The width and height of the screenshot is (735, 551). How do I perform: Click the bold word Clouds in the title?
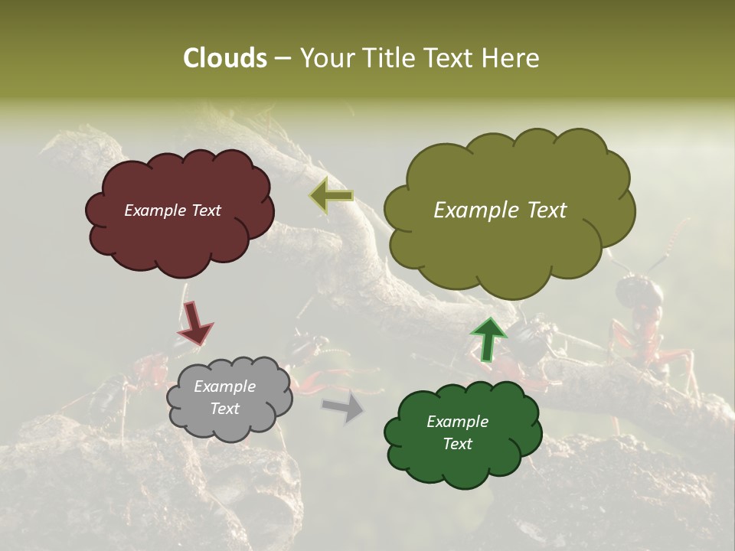pyautogui.click(x=225, y=58)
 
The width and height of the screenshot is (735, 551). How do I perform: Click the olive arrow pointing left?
pyautogui.click(x=332, y=196)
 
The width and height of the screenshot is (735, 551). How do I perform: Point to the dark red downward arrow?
pyautogui.click(x=194, y=321)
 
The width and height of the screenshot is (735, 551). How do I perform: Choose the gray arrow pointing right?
pyautogui.click(x=344, y=406)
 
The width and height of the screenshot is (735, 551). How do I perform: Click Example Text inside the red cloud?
pyautogui.click(x=172, y=210)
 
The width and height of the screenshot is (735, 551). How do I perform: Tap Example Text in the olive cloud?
pyautogui.click(x=500, y=210)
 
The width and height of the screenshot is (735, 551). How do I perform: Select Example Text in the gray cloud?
pyautogui.click(x=225, y=397)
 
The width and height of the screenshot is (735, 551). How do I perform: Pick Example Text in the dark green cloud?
pyautogui.click(x=457, y=432)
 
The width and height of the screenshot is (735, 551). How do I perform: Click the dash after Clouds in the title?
pyautogui.click(x=282, y=59)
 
